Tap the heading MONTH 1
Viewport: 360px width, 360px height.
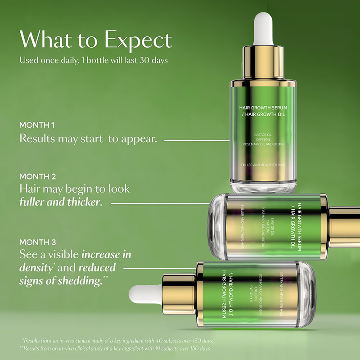pos(38,125)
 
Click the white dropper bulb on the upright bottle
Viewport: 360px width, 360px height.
pos(263,29)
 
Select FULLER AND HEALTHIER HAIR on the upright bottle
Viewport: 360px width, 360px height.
pos(263,165)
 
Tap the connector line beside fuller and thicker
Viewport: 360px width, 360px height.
pos(160,203)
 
